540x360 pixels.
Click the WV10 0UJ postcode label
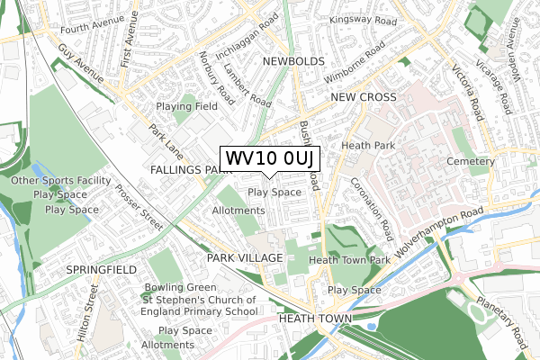[270, 158]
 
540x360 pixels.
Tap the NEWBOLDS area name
[293, 61]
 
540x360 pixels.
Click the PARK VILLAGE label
[245, 257]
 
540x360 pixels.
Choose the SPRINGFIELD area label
[101, 269]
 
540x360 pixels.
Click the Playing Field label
[186, 106]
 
